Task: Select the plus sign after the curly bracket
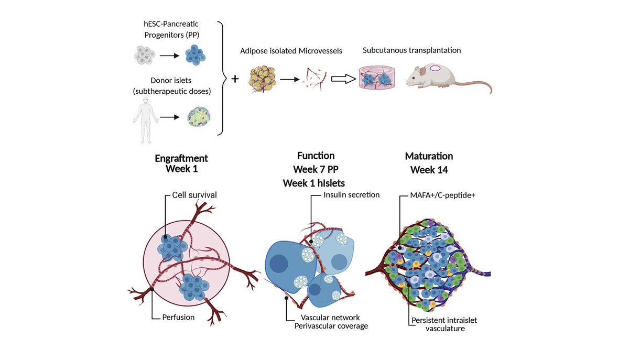[235, 79]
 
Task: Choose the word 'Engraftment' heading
[181, 158]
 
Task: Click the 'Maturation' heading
[429, 156]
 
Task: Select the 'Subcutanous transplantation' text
[412, 50]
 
